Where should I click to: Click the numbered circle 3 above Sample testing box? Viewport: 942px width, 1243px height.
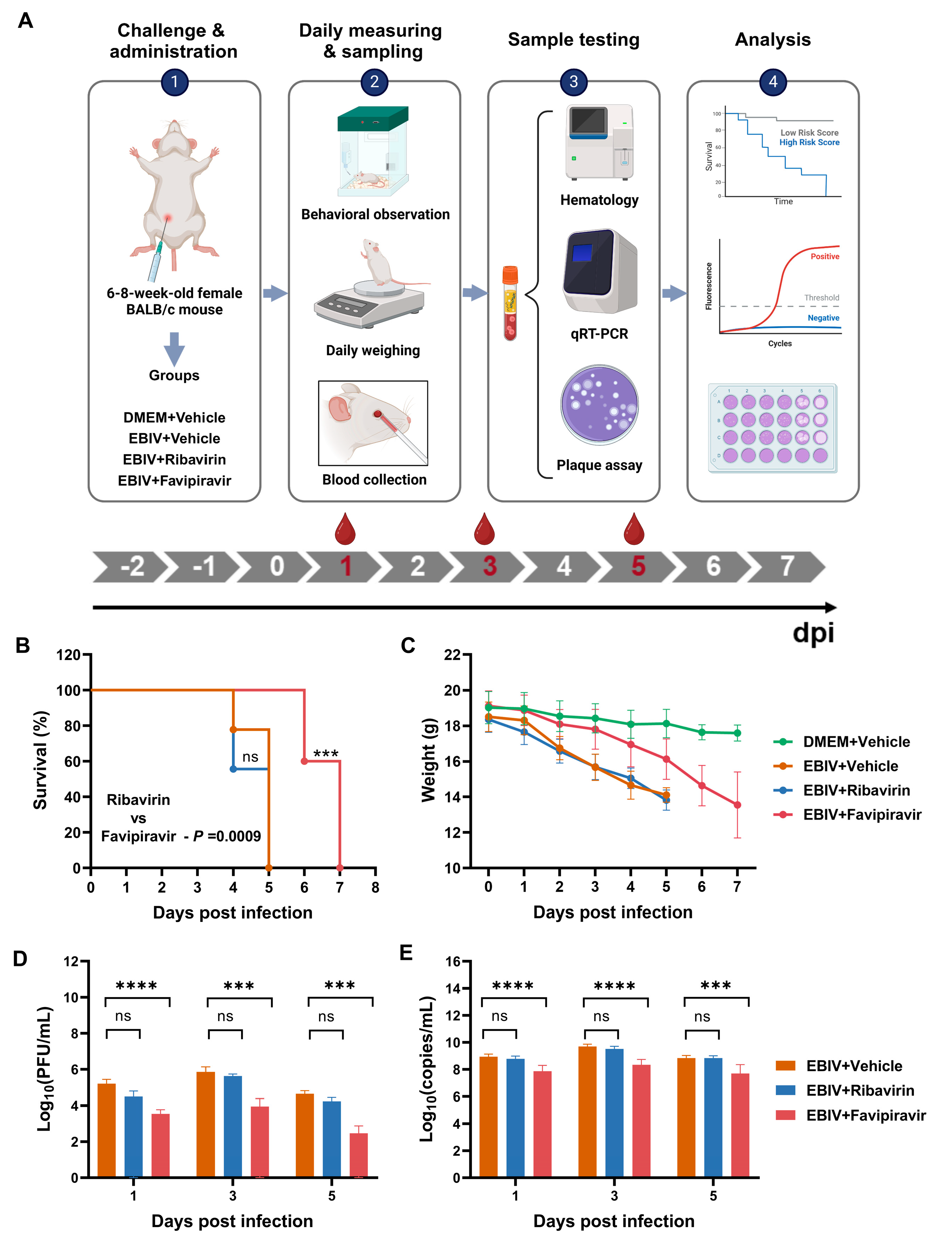point(573,82)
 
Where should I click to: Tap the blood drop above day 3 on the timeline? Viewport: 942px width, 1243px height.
point(484,529)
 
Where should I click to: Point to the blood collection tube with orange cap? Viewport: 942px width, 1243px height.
point(510,303)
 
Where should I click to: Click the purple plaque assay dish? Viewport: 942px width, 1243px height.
point(599,405)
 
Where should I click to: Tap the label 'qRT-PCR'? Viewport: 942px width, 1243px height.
point(599,334)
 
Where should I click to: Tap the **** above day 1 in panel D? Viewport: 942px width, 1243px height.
point(137,986)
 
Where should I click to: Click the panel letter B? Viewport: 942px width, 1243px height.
point(22,645)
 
